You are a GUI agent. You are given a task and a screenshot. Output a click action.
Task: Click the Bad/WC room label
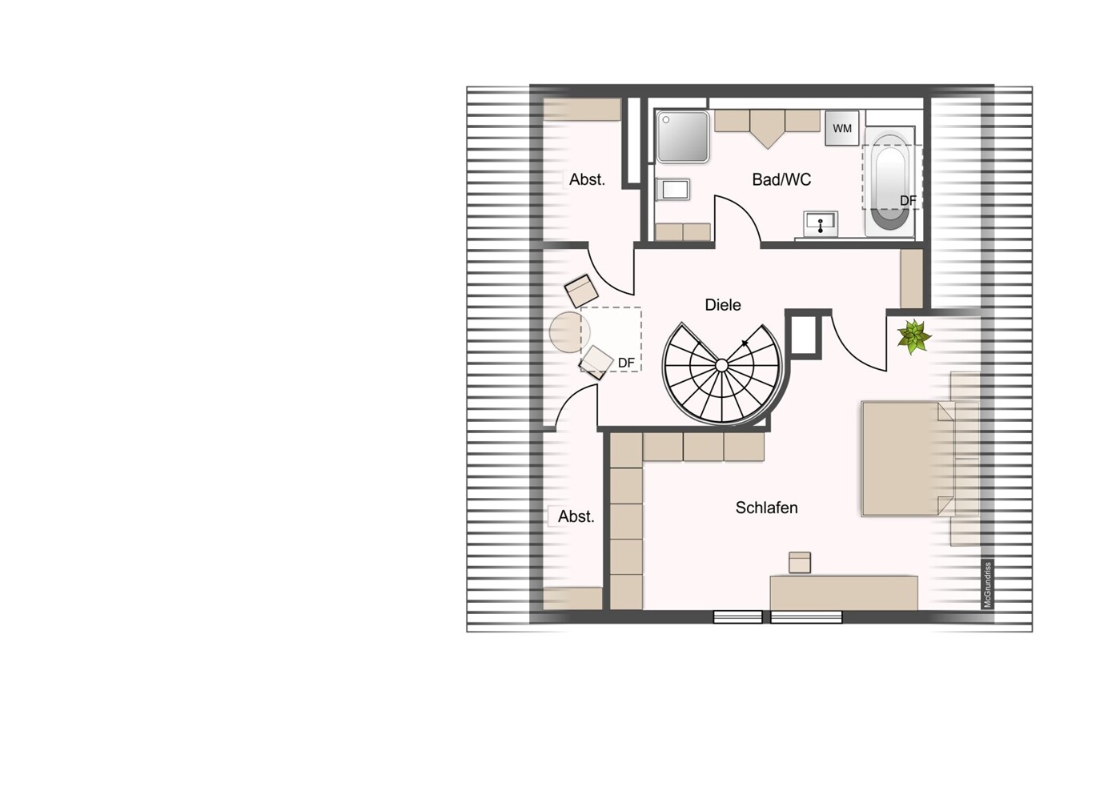point(781,179)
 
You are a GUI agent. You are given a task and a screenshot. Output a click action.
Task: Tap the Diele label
point(722,304)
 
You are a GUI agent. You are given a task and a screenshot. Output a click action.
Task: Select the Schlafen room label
point(766,508)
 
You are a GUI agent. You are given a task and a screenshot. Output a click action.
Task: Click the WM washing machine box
point(842,129)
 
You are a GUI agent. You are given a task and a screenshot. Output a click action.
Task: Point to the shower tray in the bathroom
point(683,137)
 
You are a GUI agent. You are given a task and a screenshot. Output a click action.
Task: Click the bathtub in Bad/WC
point(890,182)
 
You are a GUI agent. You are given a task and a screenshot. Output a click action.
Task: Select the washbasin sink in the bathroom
point(821,223)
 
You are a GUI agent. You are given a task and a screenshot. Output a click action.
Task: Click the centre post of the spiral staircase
point(721,366)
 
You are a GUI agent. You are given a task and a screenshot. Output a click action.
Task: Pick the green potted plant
point(913,336)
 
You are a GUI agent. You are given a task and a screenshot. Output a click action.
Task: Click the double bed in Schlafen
point(909,459)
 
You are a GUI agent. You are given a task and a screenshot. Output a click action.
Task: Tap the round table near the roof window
point(569,332)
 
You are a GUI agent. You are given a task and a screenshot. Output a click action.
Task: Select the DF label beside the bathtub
point(908,201)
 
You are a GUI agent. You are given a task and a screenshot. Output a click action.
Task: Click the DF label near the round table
point(627,363)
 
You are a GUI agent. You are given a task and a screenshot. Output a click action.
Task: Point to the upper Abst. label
point(587,179)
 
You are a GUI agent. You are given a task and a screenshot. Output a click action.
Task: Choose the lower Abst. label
point(576,516)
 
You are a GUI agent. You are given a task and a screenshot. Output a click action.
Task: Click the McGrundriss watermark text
point(987,585)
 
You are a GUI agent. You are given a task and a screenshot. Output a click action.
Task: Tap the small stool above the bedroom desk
point(800,563)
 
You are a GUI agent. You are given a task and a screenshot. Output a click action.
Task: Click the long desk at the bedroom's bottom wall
point(844,593)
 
